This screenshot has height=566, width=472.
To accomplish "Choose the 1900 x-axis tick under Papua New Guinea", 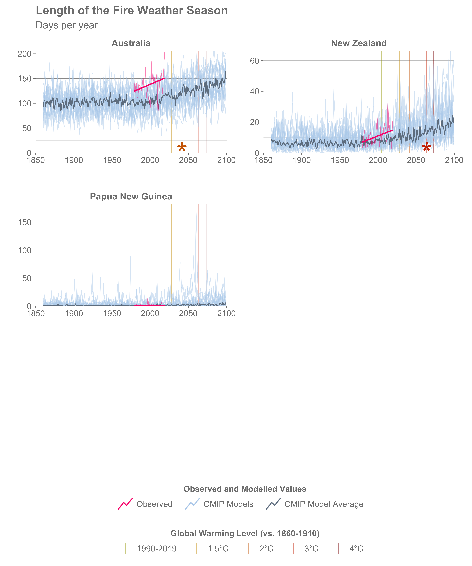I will pyautogui.click(x=74, y=314).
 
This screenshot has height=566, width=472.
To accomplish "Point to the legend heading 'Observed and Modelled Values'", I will pyautogui.click(x=245, y=489).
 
